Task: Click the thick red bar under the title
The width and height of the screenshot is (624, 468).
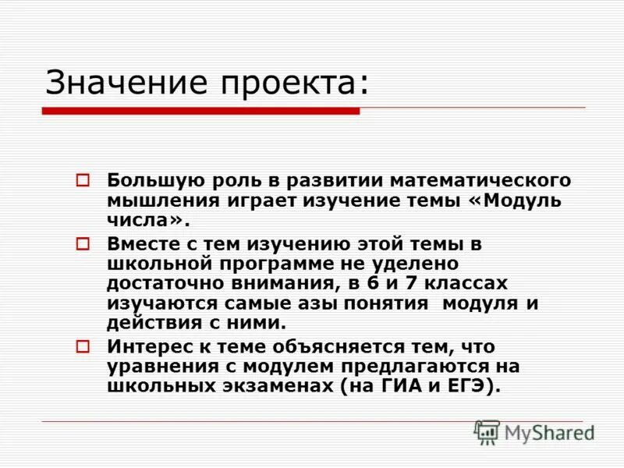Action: tap(200, 112)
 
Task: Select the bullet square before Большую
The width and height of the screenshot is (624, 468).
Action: tap(83, 180)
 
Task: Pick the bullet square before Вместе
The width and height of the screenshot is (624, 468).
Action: tap(83, 244)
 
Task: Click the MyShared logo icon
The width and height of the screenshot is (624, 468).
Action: tap(487, 432)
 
